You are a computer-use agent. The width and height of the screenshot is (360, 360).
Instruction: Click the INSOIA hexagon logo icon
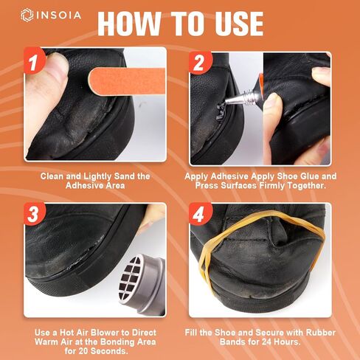coord(27,15)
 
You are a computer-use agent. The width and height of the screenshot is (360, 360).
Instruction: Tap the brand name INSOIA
coord(59,15)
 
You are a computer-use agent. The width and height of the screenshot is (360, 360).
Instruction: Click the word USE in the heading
coord(239,24)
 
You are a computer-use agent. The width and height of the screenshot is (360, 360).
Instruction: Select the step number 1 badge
coord(34,60)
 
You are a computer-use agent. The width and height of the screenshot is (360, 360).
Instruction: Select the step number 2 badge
coord(200,63)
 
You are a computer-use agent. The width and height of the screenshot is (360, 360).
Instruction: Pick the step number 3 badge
coord(34,214)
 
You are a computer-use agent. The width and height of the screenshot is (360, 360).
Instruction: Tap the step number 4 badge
coord(200,214)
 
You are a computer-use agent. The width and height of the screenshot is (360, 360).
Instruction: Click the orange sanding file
coord(127,82)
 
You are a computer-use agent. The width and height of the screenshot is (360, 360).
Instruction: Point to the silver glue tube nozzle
coord(238,97)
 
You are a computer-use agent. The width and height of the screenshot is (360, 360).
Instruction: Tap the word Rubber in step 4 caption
coord(321,333)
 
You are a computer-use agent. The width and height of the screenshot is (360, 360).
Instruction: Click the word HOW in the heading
coord(129,24)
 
